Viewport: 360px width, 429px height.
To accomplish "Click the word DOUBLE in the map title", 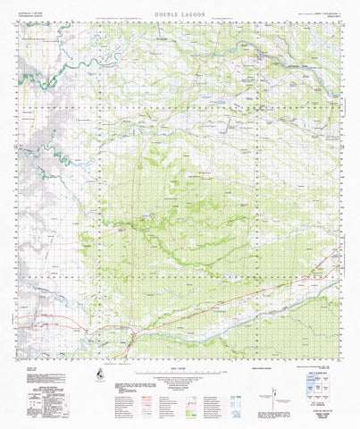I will pyautogui.click(x=166, y=15).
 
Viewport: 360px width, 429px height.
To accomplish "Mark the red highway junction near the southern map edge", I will pyautogui.click(x=131, y=333).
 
